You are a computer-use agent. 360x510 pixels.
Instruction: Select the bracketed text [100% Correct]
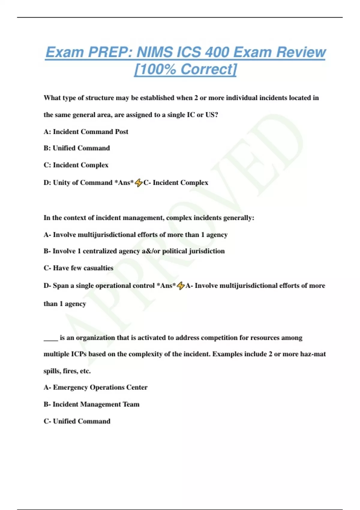tap(185, 69)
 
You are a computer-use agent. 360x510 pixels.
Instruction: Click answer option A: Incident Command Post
tap(86, 132)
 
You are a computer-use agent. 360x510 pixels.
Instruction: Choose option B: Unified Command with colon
tap(77, 148)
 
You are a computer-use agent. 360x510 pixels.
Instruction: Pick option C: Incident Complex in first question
tap(76, 165)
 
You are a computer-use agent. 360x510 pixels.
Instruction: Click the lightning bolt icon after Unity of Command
tap(139, 182)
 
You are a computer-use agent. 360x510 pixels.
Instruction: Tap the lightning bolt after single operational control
tap(181, 286)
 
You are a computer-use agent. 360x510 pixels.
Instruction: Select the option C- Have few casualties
tap(78, 268)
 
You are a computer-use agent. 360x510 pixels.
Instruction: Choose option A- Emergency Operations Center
tap(95, 387)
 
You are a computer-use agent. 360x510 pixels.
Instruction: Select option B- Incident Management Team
tap(91, 404)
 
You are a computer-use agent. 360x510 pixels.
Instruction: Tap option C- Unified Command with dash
tap(77, 421)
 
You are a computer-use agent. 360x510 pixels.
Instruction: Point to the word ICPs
tap(79, 354)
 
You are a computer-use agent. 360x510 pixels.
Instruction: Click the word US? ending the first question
tap(211, 115)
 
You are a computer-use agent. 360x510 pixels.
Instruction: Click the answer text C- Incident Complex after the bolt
tap(176, 183)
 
